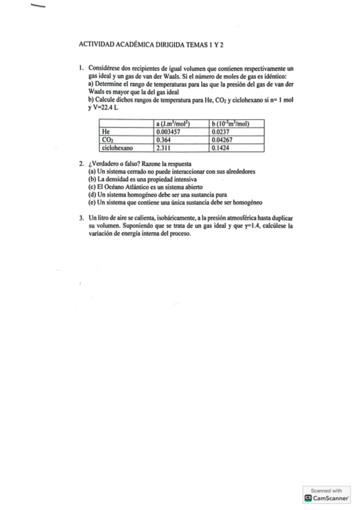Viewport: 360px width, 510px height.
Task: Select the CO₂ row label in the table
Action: point(108,138)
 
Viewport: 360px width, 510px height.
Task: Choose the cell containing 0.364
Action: point(163,138)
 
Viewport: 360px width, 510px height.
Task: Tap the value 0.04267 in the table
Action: point(224,138)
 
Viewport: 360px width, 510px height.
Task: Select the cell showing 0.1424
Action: point(222,146)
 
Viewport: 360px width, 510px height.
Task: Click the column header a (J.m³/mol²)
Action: point(173,123)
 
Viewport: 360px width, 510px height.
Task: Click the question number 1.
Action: point(81,70)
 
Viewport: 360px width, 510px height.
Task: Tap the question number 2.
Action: point(81,164)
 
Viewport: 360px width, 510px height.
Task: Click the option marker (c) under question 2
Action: point(92,187)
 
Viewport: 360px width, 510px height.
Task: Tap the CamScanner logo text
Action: point(331,498)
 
